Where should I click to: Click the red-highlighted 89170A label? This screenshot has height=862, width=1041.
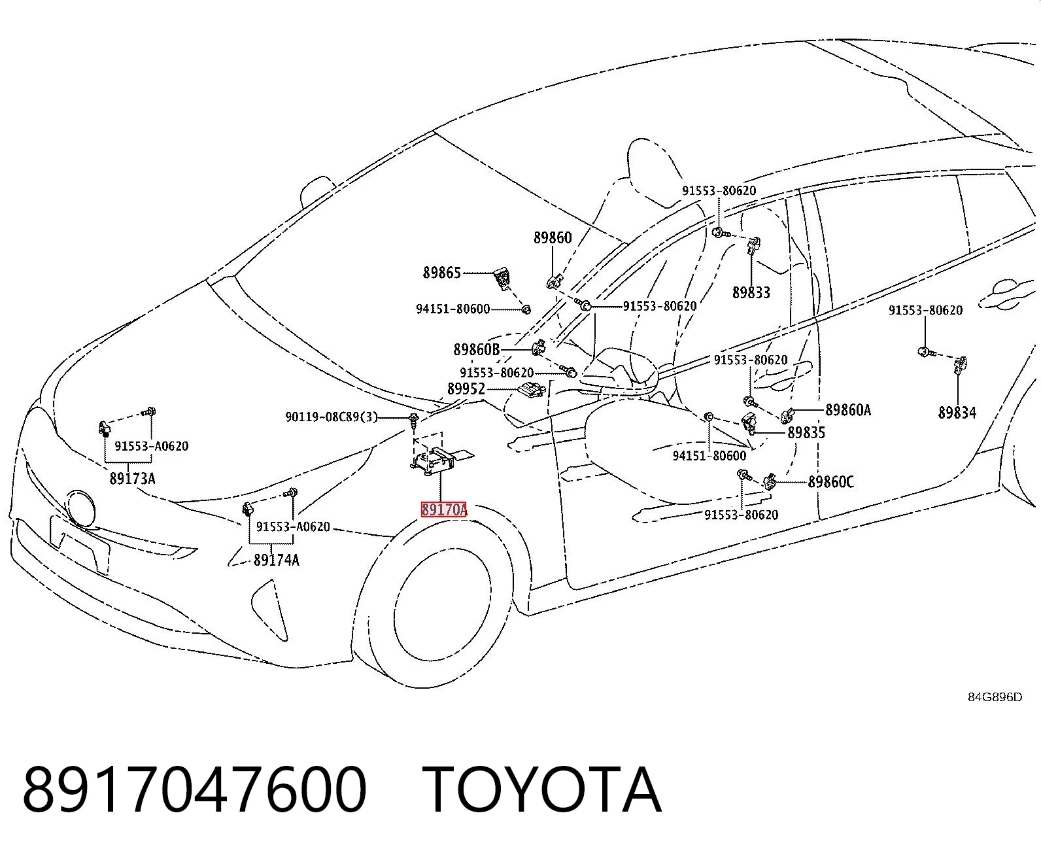444,509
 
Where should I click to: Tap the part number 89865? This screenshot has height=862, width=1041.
442,273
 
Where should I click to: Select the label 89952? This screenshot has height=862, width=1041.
466,388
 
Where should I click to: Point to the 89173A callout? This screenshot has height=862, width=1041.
132,479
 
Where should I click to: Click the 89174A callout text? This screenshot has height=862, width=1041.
276,560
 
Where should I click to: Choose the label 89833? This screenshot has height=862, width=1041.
751,292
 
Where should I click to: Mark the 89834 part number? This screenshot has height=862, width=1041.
957,413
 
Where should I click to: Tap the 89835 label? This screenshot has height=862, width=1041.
806,432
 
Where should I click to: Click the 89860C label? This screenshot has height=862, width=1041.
830,482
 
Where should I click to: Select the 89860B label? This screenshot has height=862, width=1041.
476,350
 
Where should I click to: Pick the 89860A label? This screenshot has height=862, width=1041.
848,410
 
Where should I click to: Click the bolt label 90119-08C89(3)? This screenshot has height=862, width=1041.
332,417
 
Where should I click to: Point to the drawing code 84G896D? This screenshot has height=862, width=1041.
995,697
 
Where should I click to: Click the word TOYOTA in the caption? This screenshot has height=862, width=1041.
541,789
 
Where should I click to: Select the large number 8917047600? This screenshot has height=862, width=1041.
194,789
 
